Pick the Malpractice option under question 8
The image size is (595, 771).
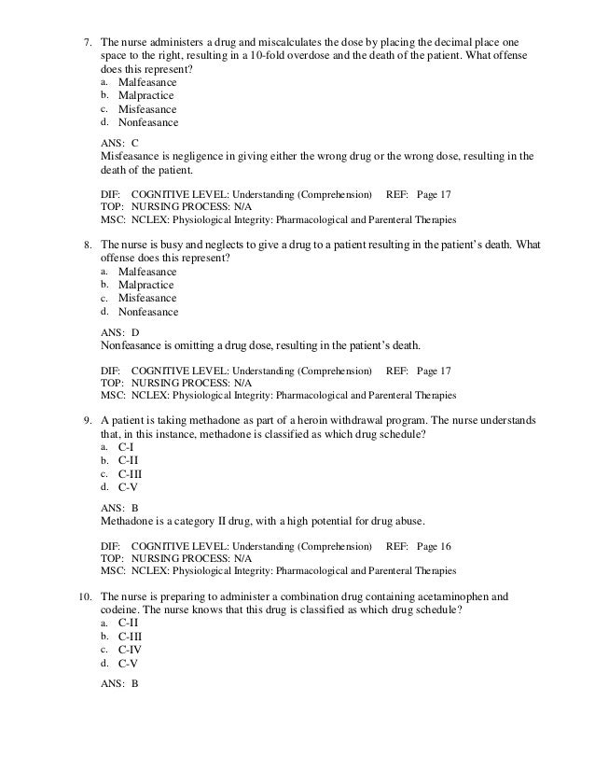[145, 285]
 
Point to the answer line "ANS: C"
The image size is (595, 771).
[118, 142]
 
